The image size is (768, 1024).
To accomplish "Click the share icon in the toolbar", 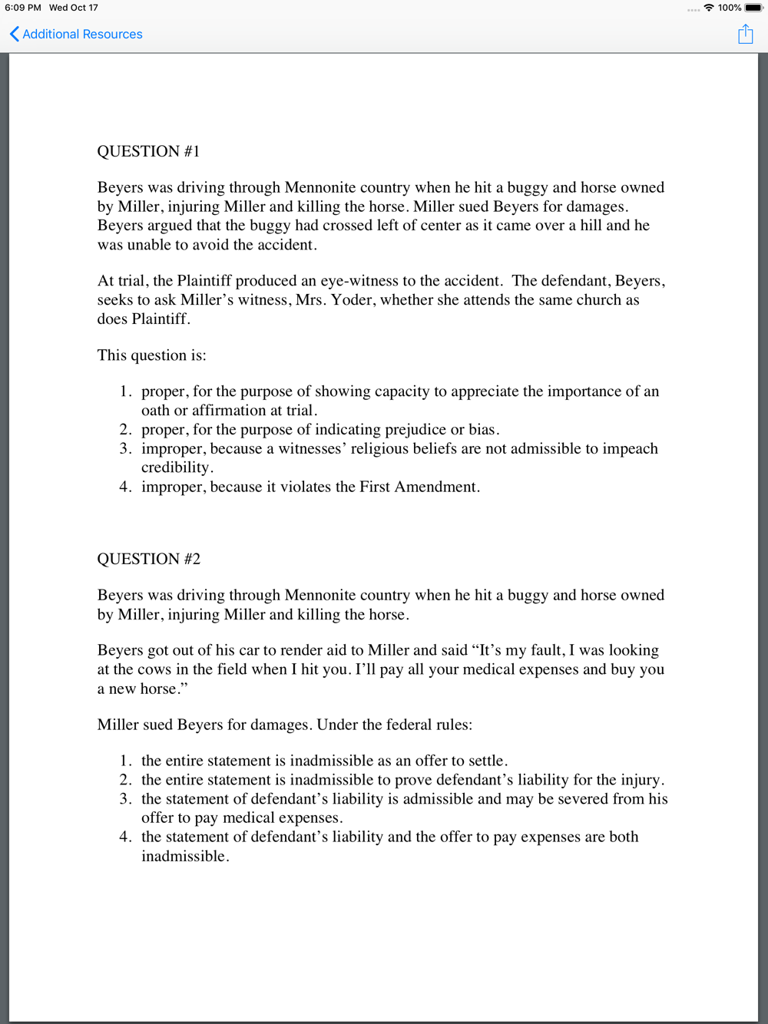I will click(x=745, y=35).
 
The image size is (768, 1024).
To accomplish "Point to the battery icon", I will click(x=753, y=8).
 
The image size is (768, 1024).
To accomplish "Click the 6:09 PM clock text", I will click(x=23, y=8).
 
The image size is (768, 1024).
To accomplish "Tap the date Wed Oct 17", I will click(x=74, y=8).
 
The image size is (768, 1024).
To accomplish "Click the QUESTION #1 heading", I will click(x=148, y=151).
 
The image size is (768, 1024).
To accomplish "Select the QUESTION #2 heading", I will click(x=148, y=559).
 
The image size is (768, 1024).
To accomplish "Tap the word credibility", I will click(x=176, y=467).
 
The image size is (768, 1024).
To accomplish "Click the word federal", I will click(x=390, y=725).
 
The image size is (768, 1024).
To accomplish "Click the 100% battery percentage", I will click(x=730, y=8).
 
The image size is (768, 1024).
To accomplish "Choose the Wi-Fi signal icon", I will click(x=709, y=8).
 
